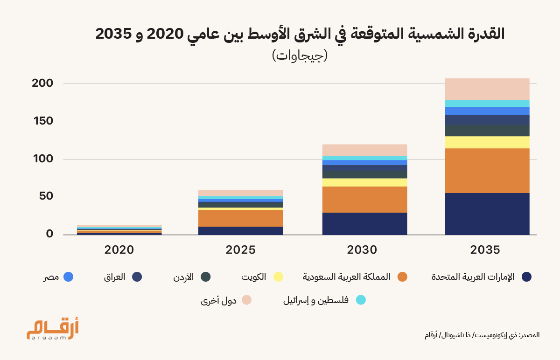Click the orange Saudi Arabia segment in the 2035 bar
click(487, 171)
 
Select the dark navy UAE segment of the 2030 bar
click(364, 223)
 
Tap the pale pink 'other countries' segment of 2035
click(487, 89)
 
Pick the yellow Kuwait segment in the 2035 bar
click(487, 142)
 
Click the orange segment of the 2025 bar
click(241, 218)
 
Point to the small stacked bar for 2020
click(119, 230)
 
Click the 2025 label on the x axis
click(241, 249)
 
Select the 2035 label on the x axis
click(485, 249)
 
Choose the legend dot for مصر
click(68, 277)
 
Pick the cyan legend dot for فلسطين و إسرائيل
click(360, 300)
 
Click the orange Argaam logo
click(52, 329)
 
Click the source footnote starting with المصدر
click(482, 335)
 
